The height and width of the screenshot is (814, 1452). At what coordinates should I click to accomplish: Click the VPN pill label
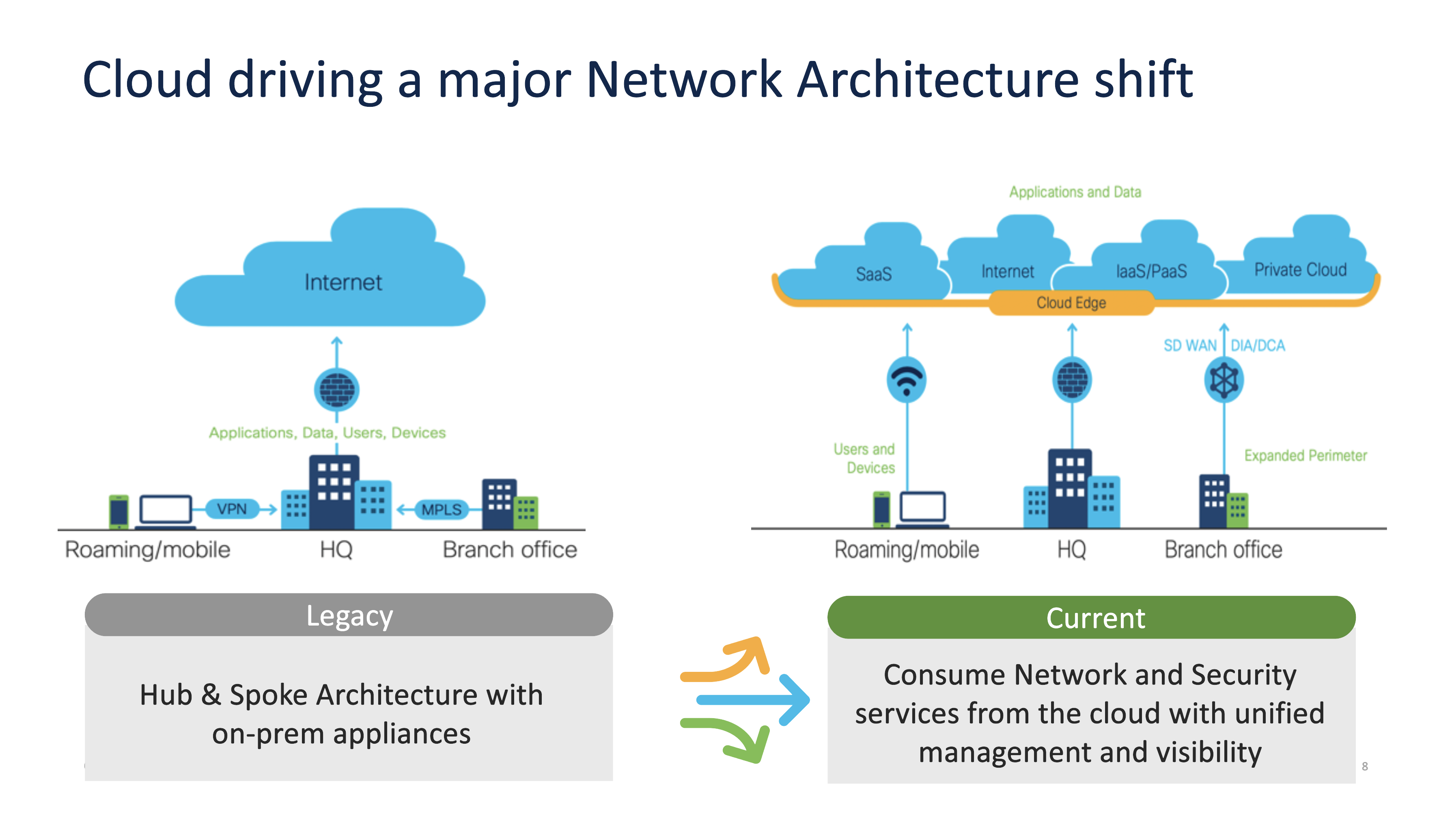232,509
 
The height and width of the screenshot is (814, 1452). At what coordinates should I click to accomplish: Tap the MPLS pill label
442,510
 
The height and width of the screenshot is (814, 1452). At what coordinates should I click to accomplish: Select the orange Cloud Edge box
1071,303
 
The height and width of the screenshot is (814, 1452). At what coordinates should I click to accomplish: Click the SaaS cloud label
874,274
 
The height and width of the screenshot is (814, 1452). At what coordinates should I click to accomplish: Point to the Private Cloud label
1300,270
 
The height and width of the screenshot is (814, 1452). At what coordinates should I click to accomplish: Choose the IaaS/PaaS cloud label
1151,271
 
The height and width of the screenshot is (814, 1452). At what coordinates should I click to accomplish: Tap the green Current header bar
1091,618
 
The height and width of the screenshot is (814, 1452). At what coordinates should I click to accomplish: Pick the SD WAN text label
1189,345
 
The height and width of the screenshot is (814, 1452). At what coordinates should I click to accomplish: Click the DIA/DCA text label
1258,345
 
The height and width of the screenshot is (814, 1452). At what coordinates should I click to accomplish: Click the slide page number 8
1365,766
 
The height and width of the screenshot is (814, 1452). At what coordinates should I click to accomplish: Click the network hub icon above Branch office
1224,380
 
